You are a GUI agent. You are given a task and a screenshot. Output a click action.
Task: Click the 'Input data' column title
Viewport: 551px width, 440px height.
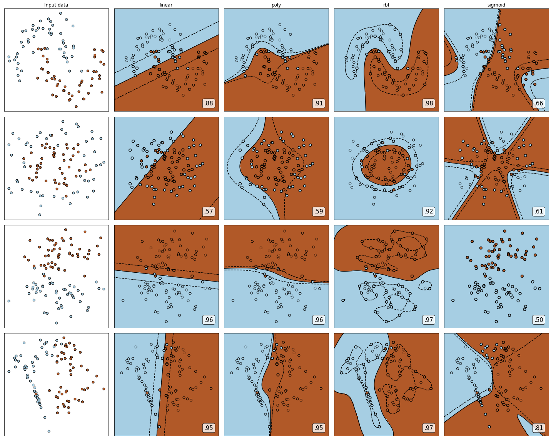coord(56,5)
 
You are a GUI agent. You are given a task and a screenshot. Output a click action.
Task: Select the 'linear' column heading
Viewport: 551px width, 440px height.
coord(166,5)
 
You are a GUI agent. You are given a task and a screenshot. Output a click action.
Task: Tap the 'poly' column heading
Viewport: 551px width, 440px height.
coord(276,5)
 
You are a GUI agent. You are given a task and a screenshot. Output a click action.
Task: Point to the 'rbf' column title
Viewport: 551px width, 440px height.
coord(386,5)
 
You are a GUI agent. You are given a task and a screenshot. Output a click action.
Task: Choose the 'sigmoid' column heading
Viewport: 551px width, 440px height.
coord(496,5)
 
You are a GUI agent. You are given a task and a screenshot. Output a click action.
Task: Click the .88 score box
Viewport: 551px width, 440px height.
coord(209,103)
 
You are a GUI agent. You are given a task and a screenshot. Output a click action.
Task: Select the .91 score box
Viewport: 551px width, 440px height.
coord(319,103)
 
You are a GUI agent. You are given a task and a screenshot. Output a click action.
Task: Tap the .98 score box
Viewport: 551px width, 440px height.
coord(429,103)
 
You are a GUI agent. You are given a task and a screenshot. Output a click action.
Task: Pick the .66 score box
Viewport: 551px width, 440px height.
coord(539,103)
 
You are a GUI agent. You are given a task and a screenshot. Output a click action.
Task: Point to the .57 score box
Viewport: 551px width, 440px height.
coord(209,212)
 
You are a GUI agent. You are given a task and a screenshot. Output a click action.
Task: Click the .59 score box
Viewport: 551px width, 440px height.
coord(319,212)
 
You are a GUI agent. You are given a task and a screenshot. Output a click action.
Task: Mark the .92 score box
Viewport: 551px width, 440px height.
coord(429,212)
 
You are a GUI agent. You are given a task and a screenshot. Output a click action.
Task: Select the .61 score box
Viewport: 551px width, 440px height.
coord(539,212)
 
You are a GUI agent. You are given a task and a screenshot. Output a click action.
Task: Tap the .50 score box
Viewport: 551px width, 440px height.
coord(539,320)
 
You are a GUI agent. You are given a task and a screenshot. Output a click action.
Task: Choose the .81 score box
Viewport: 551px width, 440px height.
coord(539,428)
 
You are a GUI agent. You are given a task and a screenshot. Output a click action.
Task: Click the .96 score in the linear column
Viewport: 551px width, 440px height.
coord(209,320)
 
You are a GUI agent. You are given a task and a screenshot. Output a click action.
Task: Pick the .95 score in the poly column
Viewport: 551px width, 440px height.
coord(319,428)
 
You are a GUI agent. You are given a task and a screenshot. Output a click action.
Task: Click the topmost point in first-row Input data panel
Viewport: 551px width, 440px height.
coord(60,13)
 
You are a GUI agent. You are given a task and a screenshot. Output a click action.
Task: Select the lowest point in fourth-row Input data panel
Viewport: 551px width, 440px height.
coord(49,431)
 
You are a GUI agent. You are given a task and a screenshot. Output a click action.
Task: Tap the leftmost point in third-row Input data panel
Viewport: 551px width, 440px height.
coord(9,301)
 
